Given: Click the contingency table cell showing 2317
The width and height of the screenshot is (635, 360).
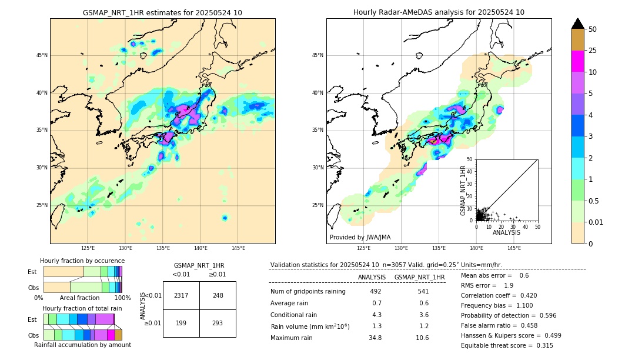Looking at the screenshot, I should point(181,295).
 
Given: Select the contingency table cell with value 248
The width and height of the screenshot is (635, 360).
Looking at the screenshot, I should point(218,295).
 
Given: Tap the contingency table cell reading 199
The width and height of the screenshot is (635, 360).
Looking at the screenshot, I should point(181,324).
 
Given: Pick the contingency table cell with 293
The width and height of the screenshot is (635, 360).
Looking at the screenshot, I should point(218,324).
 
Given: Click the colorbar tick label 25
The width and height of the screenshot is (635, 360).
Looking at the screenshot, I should point(593,51).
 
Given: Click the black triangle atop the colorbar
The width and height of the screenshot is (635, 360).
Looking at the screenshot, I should point(578,24).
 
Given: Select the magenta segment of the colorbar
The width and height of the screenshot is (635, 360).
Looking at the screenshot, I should point(578,61).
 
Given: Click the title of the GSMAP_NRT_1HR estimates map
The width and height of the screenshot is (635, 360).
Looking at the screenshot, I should point(162,12).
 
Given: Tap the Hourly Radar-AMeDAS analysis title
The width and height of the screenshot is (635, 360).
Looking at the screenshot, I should point(439,12).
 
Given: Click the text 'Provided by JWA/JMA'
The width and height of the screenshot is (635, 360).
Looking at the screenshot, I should point(360,237).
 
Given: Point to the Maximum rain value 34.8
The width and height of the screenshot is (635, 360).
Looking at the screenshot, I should point(375,338).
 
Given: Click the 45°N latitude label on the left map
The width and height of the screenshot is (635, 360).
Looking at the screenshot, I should point(42,55).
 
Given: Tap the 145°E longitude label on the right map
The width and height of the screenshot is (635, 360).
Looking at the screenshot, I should point(514,249).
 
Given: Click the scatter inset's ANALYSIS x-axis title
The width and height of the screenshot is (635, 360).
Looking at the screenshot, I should point(506,232).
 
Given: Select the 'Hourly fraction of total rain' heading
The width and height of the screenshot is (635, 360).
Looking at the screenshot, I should point(82,308).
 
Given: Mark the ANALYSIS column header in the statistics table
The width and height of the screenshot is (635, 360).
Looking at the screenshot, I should point(372,277).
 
